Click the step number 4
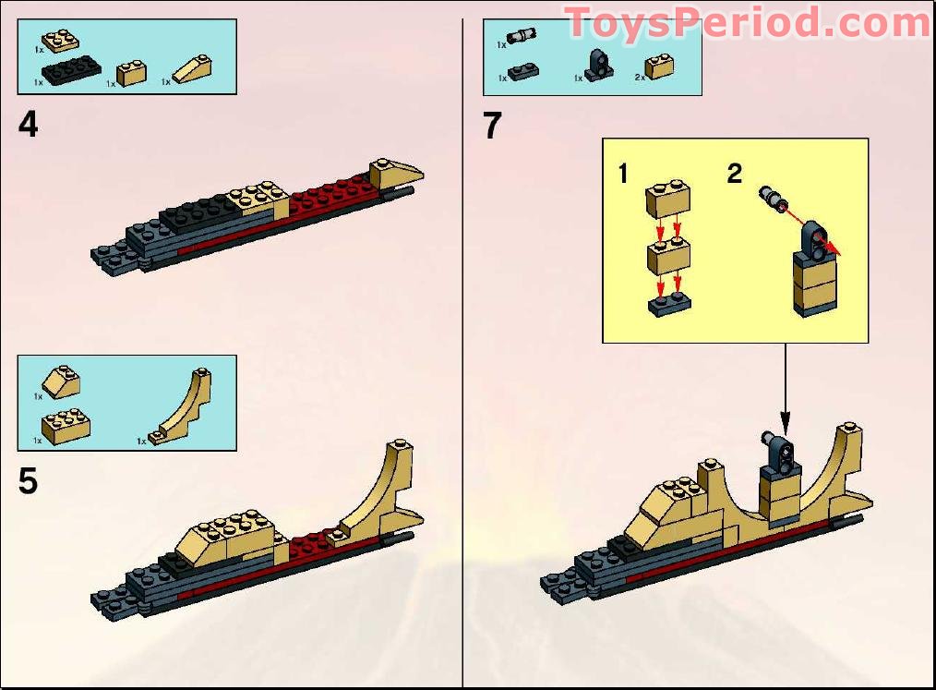29,125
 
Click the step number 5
29,482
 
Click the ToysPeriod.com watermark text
748,23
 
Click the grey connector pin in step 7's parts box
522,37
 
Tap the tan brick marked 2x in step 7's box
659,67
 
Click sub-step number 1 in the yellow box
624,174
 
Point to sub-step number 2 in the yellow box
734,174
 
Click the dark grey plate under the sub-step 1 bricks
670,304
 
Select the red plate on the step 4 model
331,195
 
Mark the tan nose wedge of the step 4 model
394,173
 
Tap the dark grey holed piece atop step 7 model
776,453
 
